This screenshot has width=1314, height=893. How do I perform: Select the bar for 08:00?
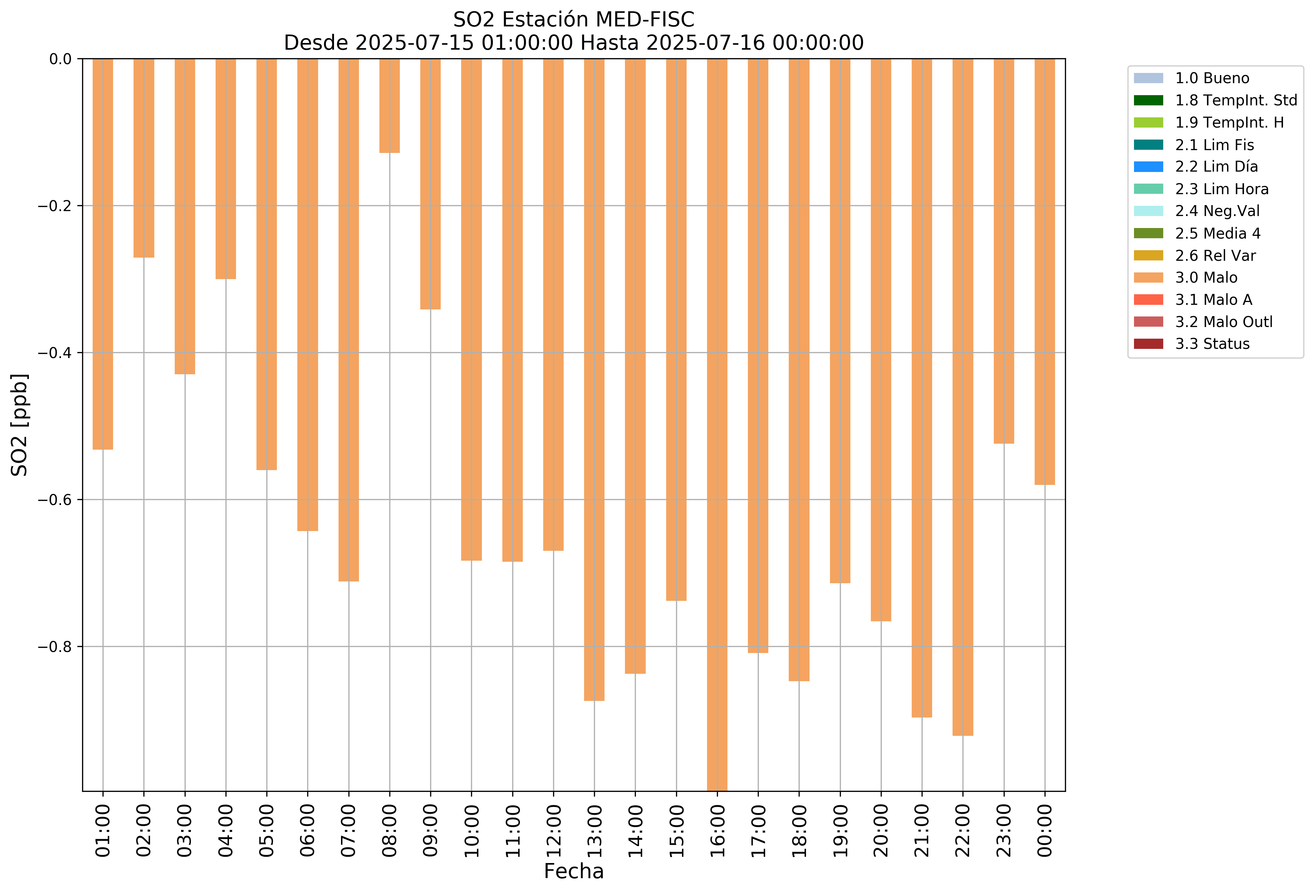pos(390,106)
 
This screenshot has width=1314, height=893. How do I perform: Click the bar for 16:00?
pos(717,424)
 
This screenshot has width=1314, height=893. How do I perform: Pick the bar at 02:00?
pos(144,158)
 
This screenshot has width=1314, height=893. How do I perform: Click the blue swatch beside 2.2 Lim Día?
pos(1148,167)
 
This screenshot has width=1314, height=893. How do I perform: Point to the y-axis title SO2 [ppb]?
pos(20,424)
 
